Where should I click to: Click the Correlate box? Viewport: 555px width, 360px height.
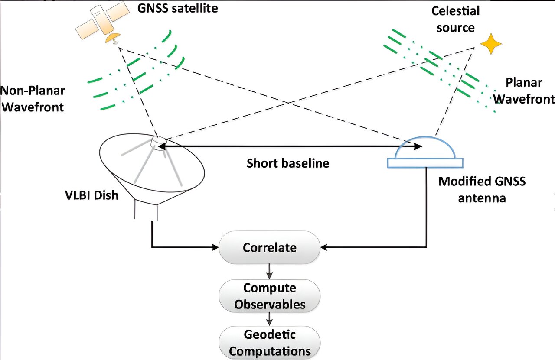click(x=270, y=248)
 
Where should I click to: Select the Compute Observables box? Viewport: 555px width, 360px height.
click(x=270, y=296)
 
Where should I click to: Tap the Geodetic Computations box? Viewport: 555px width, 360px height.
click(x=270, y=342)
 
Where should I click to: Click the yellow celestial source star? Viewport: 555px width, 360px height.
click(x=491, y=44)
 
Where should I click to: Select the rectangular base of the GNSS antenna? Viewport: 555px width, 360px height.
click(x=425, y=163)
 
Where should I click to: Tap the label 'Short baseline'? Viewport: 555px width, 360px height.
click(x=288, y=163)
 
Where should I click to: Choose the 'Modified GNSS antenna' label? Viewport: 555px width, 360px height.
click(x=482, y=189)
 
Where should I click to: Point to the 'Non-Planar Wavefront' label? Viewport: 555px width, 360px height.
click(x=33, y=99)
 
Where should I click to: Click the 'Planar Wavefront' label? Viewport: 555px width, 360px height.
click(x=524, y=91)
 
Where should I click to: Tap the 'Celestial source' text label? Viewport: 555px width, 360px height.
click(x=455, y=19)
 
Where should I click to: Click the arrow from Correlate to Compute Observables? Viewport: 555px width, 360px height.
click(x=270, y=272)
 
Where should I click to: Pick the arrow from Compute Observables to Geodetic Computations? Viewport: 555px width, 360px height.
click(x=270, y=319)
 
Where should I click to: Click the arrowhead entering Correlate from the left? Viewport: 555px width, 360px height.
click(x=215, y=248)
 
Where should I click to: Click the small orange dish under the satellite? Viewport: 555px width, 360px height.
click(x=112, y=39)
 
